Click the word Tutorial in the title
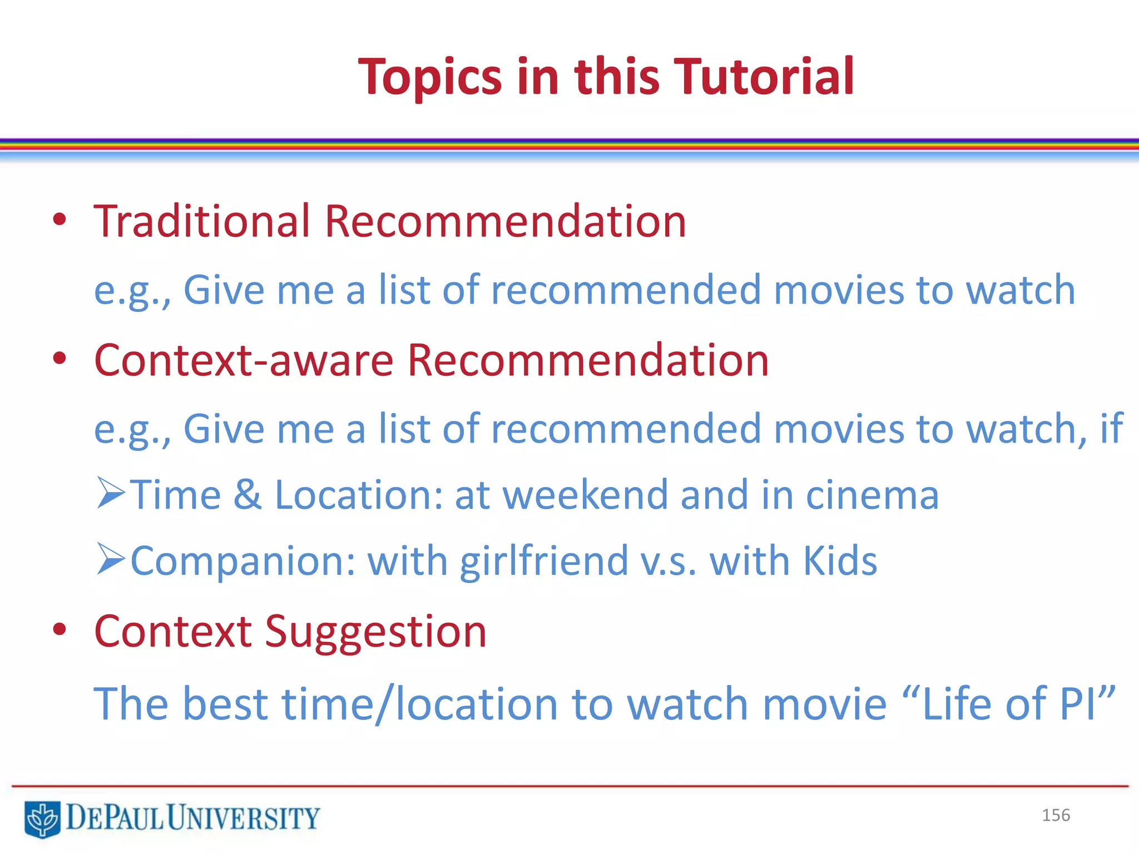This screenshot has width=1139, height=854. click(x=763, y=77)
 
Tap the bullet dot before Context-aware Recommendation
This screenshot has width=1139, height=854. click(x=60, y=359)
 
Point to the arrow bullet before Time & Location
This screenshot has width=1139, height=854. click(x=110, y=493)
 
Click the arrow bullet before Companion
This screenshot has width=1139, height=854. click(x=110, y=559)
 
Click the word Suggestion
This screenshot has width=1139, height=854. click(x=375, y=633)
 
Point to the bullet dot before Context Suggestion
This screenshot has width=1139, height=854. click(x=60, y=629)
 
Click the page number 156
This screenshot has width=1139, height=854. click(x=1056, y=815)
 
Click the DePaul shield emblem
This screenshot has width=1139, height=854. click(x=42, y=819)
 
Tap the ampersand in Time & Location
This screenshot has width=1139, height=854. click(x=247, y=495)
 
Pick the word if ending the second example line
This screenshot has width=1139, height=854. click(x=1111, y=429)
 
